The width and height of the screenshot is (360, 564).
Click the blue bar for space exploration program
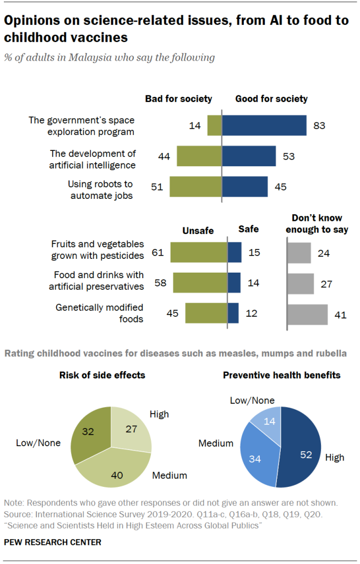pyautogui.click(x=264, y=125)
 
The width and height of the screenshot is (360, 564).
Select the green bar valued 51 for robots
pyautogui.click(x=195, y=187)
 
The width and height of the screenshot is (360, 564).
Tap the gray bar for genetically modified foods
pyautogui.click(x=307, y=314)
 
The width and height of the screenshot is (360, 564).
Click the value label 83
pyautogui.click(x=319, y=126)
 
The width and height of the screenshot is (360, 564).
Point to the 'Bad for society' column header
pyautogui.click(x=178, y=99)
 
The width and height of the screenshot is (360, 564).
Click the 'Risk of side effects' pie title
pyautogui.click(x=102, y=376)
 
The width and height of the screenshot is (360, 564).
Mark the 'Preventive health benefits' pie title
pyautogui.click(x=281, y=376)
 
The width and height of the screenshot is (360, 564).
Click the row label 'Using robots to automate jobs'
pyautogui.click(x=100, y=189)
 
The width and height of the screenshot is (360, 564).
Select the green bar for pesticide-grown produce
pyautogui.click(x=199, y=252)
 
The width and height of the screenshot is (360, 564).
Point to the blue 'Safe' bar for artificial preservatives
pyautogui.click(x=234, y=283)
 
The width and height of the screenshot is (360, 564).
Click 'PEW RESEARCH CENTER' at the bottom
pyautogui.click(x=52, y=542)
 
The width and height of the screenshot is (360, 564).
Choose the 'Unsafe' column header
pyautogui.click(x=198, y=231)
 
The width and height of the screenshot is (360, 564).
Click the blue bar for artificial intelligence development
pyautogui.click(x=249, y=156)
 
